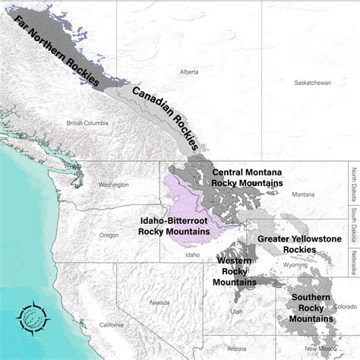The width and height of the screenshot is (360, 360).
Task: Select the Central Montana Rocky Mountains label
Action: (x=248, y=178)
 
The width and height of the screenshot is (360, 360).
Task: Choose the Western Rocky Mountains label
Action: (x=234, y=271)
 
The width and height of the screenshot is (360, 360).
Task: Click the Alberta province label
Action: (x=189, y=72)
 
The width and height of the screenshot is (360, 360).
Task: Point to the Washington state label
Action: (x=113, y=185)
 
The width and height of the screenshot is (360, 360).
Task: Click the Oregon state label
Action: (x=109, y=235)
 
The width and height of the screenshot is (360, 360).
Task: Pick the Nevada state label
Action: (x=159, y=302)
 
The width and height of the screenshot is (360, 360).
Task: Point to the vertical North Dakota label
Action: (x=353, y=185)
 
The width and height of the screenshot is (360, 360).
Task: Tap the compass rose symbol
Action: (x=33, y=317)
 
